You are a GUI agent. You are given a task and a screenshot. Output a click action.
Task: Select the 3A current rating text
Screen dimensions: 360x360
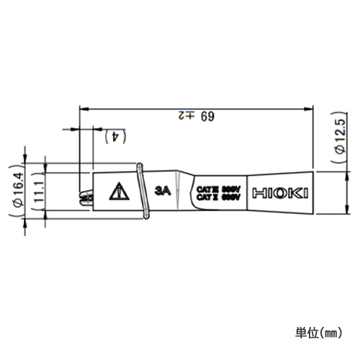pyautogui.click(x=161, y=192)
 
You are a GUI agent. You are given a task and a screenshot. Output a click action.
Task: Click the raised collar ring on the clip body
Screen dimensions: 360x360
pyautogui.click(x=140, y=191)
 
